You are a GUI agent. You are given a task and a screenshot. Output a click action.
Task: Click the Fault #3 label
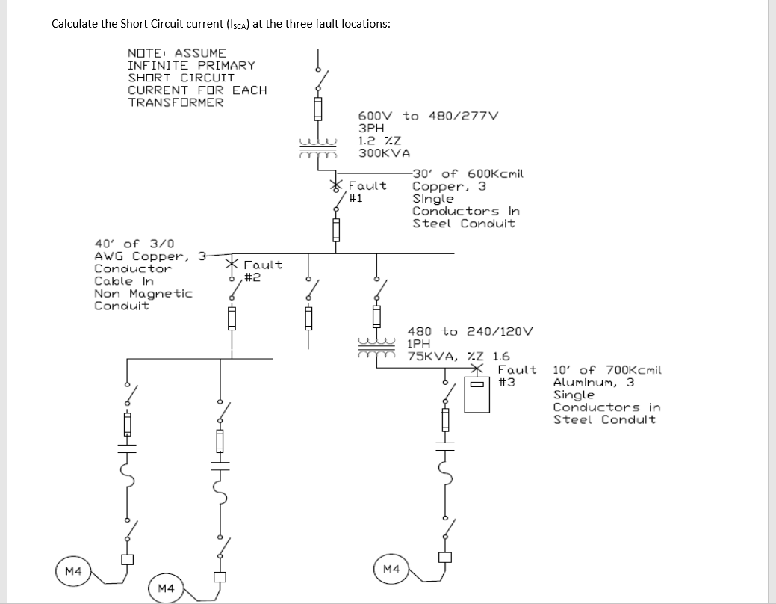[517, 376]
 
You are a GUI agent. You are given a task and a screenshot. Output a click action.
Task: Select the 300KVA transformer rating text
[384, 152]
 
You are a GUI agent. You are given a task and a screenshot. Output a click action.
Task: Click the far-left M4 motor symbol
[73, 571]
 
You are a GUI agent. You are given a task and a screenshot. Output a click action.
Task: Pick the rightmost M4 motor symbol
[391, 570]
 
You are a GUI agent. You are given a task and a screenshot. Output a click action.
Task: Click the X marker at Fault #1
[337, 184]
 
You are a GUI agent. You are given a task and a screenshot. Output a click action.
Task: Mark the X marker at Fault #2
[233, 264]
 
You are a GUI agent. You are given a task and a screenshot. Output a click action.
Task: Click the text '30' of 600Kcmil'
[469, 173]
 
